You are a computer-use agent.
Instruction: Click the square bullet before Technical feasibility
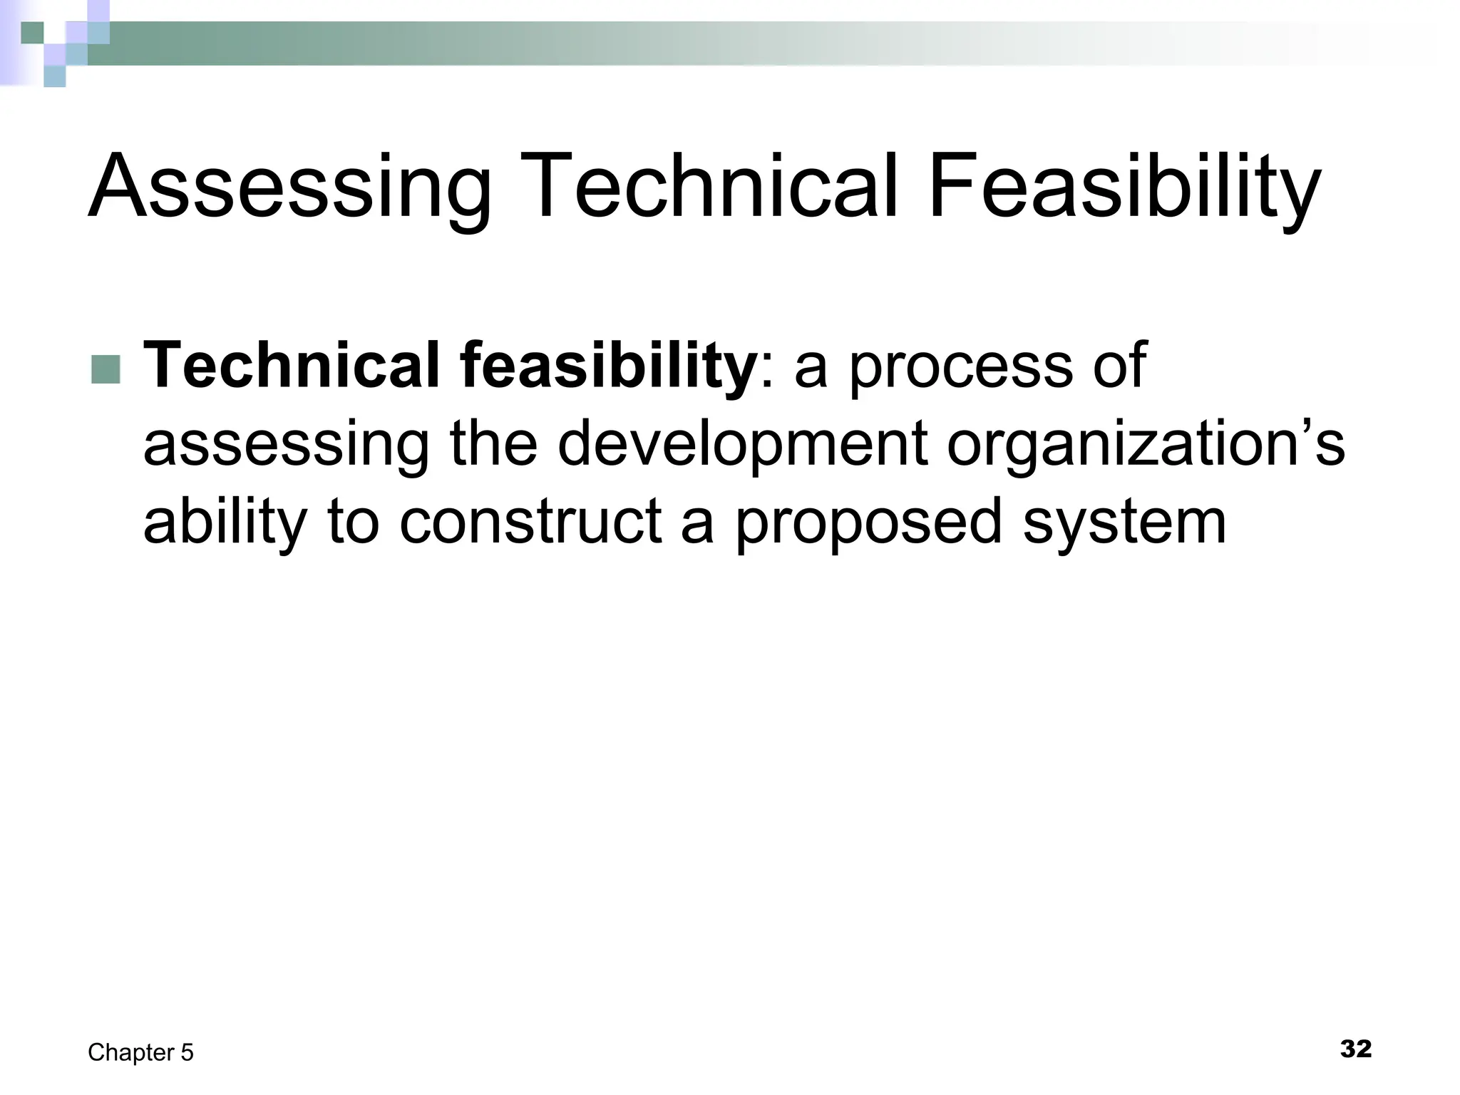106,369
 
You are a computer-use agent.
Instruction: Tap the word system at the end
1124,525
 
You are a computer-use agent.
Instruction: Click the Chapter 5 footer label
140,1052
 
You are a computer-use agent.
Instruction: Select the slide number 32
1355,1049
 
